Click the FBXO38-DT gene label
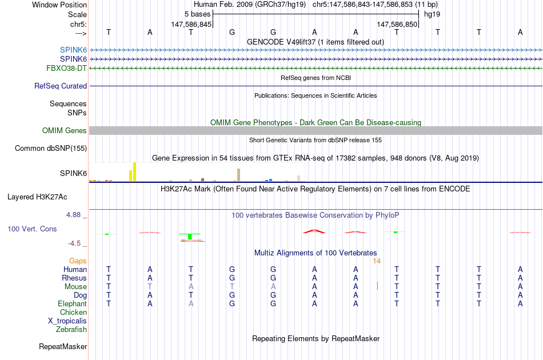tap(66, 68)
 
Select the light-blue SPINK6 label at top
tap(73, 50)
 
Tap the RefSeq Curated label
tap(61, 86)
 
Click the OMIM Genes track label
tap(65, 130)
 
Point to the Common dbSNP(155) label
tap(51, 148)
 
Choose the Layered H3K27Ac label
tap(37, 197)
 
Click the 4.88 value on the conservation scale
tap(73, 215)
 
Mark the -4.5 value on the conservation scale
tap(74, 243)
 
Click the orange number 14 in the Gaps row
tap(377, 261)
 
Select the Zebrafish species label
tap(71, 329)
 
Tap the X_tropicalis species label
tap(67, 321)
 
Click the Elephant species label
tap(73, 303)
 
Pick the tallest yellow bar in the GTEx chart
tap(135, 171)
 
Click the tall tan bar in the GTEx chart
tap(238, 175)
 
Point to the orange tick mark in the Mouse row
tap(377, 286)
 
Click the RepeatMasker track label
tap(63, 346)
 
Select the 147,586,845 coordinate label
tap(191, 24)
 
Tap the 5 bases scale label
tap(197, 14)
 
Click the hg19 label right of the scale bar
tap(432, 14)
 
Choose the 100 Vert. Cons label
tap(32, 229)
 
